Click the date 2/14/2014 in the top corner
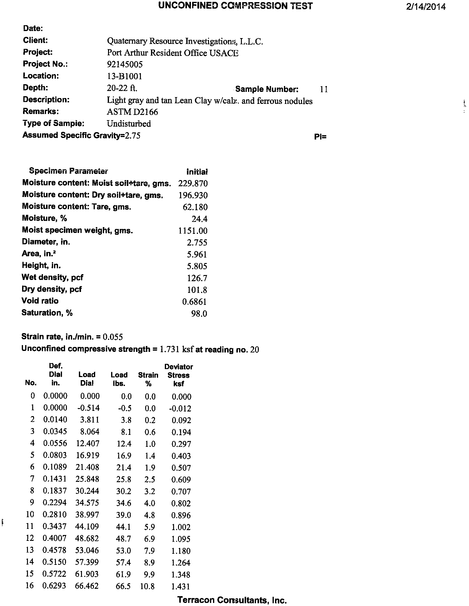click(x=425, y=7)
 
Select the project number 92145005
click(x=125, y=65)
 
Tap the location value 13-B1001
click(x=124, y=76)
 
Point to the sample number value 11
click(x=324, y=89)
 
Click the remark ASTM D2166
click(x=132, y=112)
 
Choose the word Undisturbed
click(x=129, y=124)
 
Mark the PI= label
click(x=320, y=137)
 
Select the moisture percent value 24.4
click(x=199, y=219)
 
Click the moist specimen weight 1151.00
click(x=193, y=231)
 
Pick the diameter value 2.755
click(x=197, y=243)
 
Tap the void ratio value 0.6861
click(x=194, y=302)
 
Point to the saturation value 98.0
click(x=199, y=314)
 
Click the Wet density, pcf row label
click(x=52, y=277)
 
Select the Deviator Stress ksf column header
click(x=179, y=375)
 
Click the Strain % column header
click(x=148, y=379)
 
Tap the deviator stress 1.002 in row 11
click(x=181, y=527)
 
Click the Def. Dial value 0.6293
click(x=54, y=586)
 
